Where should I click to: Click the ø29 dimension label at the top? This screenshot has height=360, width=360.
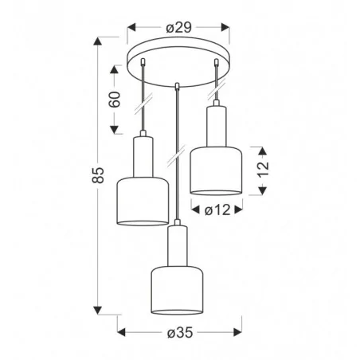click(x=179, y=28)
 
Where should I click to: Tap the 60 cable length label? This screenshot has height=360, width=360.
click(x=115, y=100)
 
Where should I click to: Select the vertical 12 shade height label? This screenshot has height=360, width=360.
click(x=264, y=169)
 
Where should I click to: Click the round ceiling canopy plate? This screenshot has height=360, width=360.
click(x=178, y=61)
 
